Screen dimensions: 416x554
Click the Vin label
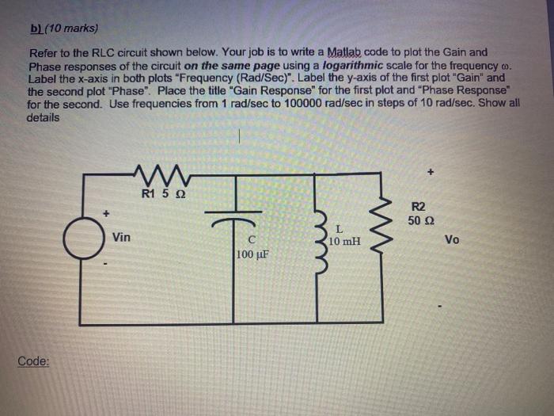pyautogui.click(x=122, y=236)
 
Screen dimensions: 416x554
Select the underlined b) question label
pyautogui.click(x=36, y=29)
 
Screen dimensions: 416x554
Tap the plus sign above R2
pyautogui.click(x=431, y=170)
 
